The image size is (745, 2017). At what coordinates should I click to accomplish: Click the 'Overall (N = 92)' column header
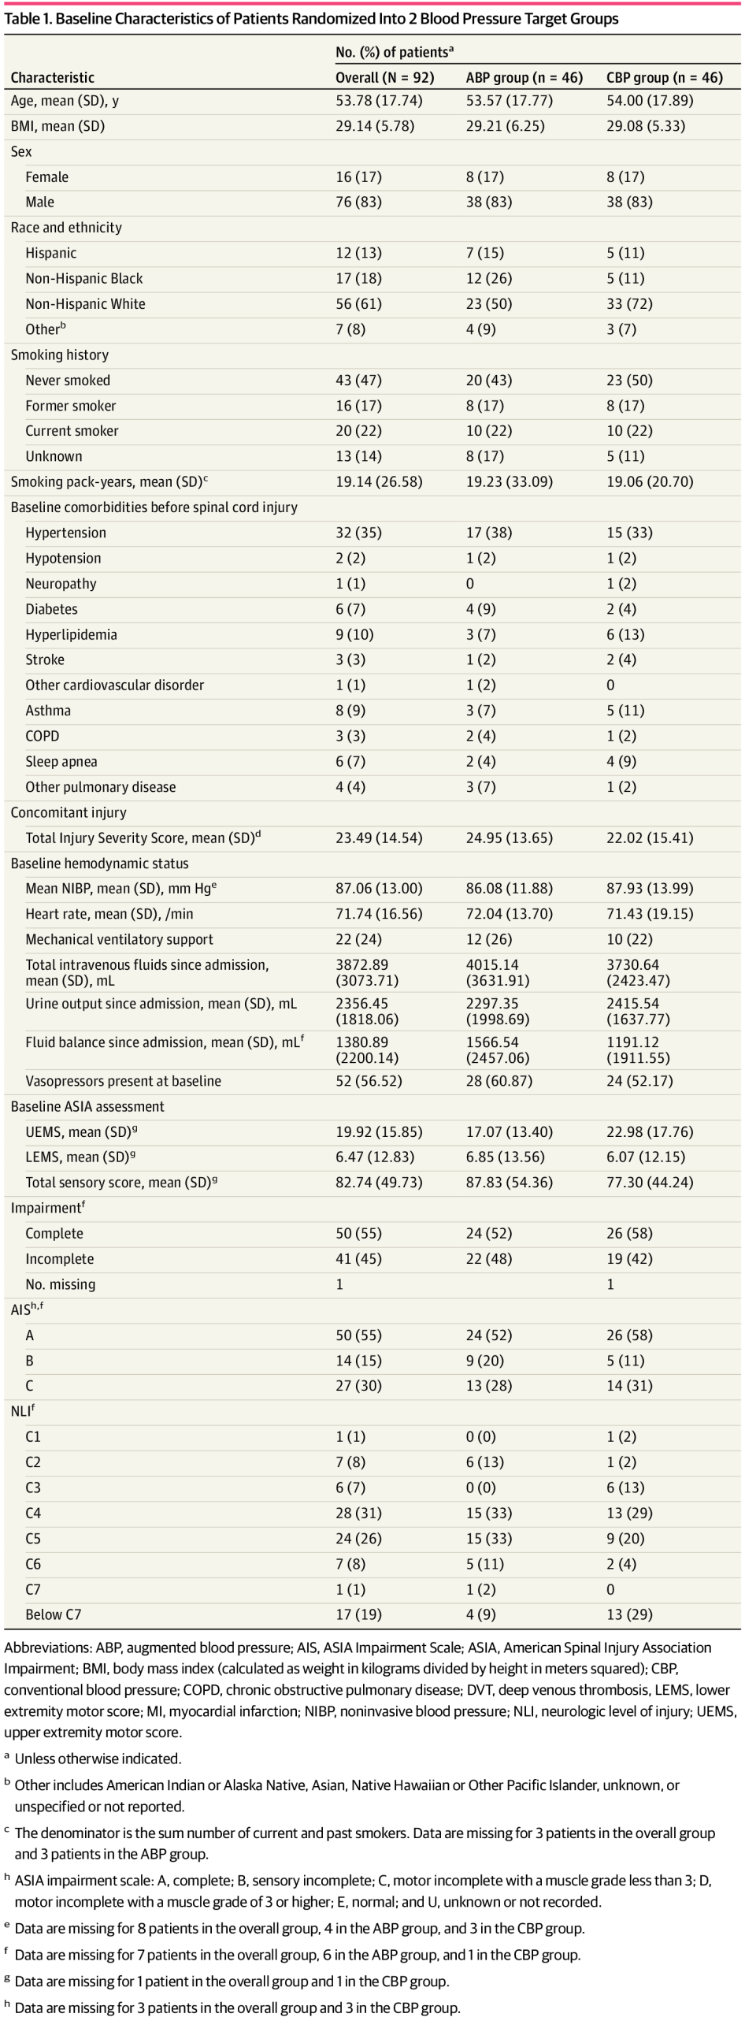coord(384,77)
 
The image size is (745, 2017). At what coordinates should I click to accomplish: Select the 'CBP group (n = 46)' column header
coord(664,77)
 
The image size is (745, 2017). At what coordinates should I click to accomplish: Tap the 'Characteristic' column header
coord(52,77)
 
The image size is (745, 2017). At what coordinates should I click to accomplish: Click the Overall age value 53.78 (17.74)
coord(379,101)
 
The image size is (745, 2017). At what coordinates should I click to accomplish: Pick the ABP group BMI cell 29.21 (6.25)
coord(505,126)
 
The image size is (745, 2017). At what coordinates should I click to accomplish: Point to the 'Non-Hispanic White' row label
coord(85,303)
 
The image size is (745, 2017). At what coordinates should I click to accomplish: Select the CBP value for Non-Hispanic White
coord(629,303)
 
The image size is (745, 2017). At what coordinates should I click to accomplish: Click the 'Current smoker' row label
coord(72,431)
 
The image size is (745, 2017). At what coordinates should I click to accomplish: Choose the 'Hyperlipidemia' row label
coord(71,634)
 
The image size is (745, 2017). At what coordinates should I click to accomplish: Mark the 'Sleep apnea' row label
coord(61,761)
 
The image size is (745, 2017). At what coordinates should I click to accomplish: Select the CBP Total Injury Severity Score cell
coord(650,838)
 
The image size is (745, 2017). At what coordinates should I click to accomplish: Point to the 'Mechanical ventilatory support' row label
coord(119,939)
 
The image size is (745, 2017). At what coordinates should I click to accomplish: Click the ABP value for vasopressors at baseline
coord(499,1081)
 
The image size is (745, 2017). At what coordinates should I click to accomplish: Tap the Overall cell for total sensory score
coord(379,1182)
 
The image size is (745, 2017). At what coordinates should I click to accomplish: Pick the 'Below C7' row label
coord(53,1614)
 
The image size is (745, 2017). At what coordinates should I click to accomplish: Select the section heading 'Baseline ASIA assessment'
coord(87,1106)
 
